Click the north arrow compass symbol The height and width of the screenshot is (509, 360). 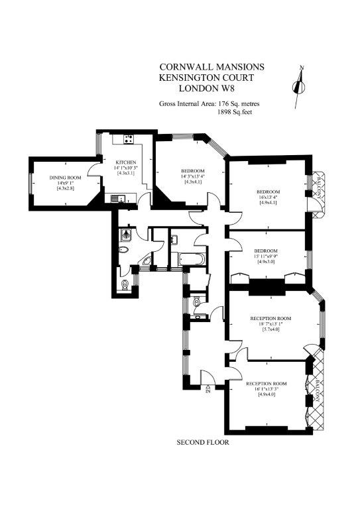(299, 86)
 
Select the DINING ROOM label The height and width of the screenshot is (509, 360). (65, 178)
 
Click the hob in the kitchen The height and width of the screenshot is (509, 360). (128, 139)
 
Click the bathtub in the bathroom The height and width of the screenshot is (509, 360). (188, 258)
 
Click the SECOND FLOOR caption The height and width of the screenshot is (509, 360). (203, 442)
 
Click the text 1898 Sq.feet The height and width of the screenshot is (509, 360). (235, 112)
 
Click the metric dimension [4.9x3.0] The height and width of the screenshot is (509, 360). (266, 262)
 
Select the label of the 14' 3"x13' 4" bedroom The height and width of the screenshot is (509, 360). (192, 171)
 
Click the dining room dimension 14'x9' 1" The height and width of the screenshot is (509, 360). (65, 183)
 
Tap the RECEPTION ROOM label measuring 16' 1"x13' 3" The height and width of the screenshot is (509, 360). (266, 384)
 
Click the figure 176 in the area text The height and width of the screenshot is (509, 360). (223, 104)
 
